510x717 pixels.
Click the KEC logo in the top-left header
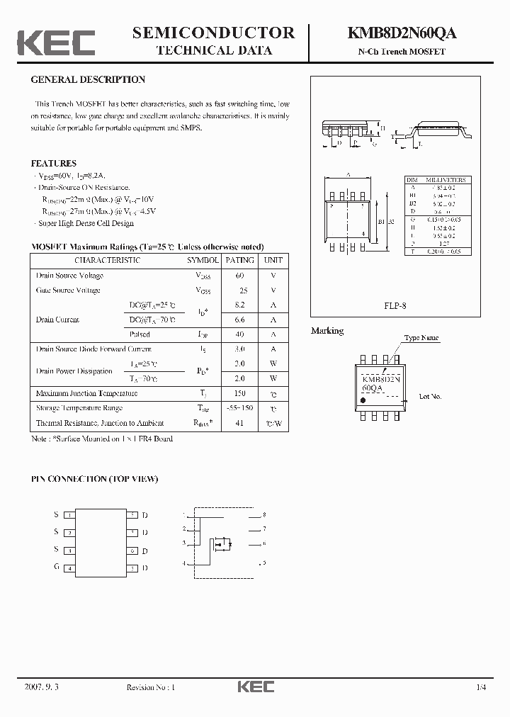(x=56, y=43)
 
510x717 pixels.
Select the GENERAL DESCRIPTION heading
(x=88, y=80)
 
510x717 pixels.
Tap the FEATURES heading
(x=54, y=164)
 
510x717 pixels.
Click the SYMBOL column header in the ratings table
(x=203, y=260)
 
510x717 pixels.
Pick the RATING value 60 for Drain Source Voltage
(x=239, y=276)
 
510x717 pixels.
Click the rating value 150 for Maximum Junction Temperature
(x=239, y=393)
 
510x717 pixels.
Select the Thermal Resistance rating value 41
(x=239, y=423)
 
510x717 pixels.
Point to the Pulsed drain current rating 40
(x=239, y=334)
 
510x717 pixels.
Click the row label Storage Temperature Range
(x=79, y=408)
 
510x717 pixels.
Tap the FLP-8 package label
(x=395, y=305)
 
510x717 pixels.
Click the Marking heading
(x=327, y=331)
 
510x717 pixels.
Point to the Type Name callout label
(x=421, y=339)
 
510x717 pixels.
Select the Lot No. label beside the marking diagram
(x=430, y=397)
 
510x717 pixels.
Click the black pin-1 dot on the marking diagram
(x=364, y=401)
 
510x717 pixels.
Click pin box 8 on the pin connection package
(x=132, y=515)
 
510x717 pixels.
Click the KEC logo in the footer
(x=254, y=687)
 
